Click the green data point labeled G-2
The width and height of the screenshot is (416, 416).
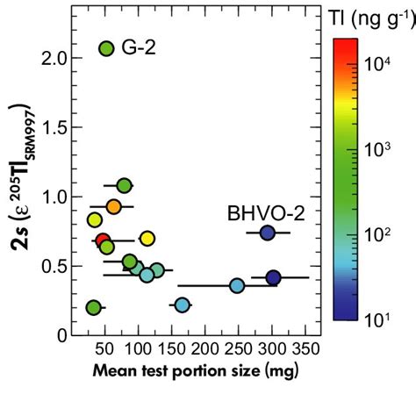pyautogui.click(x=106, y=49)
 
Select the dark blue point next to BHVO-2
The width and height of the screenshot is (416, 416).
pyautogui.click(x=268, y=233)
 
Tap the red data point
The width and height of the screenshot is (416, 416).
pyautogui.click(x=103, y=240)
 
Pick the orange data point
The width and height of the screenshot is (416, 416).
pyautogui.click(x=113, y=206)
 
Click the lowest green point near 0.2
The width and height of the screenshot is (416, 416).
pyautogui.click(x=93, y=307)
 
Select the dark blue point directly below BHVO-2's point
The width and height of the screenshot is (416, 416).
pyautogui.click(x=273, y=278)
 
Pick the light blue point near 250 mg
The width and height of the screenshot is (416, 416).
pyautogui.click(x=237, y=285)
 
